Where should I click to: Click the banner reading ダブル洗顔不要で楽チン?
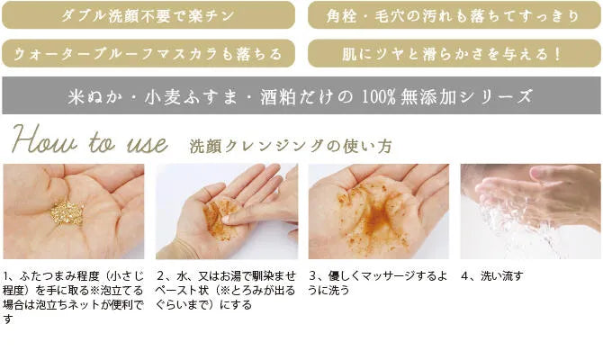(148, 15)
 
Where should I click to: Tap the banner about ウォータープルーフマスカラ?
(148, 53)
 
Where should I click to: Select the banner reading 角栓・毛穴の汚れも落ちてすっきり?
(454, 15)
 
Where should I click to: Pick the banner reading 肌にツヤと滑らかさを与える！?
(454, 53)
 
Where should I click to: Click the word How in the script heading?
(43, 143)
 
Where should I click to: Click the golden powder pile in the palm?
(67, 212)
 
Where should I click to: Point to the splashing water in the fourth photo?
(504, 229)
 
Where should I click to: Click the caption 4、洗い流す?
(491, 276)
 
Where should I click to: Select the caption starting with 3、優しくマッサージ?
(377, 283)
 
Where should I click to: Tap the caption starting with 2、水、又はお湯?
(225, 290)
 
